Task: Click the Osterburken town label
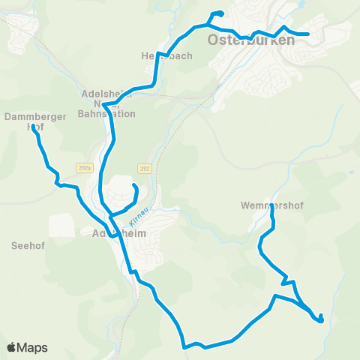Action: pos(252,40)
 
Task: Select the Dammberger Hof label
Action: pos(36,121)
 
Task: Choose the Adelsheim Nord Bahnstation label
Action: pos(108,105)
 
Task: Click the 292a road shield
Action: pos(83,168)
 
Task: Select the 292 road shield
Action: pos(144,168)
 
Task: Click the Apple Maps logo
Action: pos(27,348)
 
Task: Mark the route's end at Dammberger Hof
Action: pos(34,127)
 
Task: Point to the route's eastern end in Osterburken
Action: pos(308,34)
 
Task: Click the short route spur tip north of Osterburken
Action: pos(221,13)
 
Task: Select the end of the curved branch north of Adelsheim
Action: pos(133,184)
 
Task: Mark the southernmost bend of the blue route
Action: pos(184,347)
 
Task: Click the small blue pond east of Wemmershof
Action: pos(352,172)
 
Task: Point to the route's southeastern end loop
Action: pos(321,319)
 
